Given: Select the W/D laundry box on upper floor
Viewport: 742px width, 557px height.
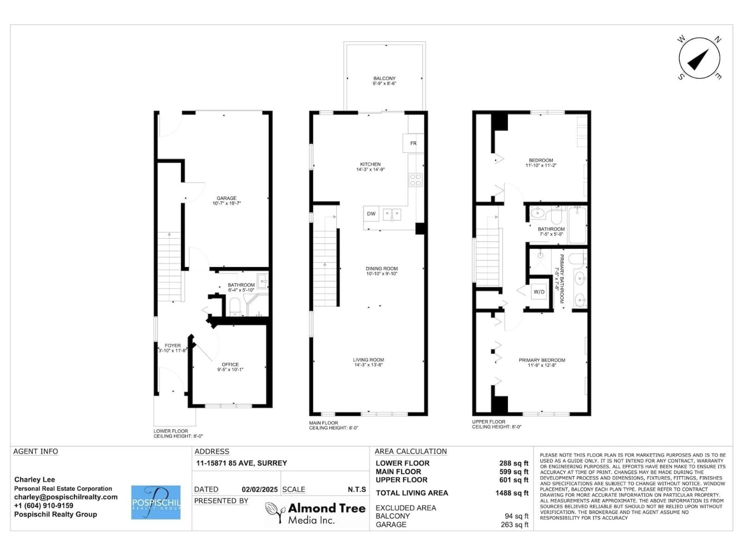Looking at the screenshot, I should [539, 292].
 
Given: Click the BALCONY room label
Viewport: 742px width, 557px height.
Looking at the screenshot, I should [384, 78].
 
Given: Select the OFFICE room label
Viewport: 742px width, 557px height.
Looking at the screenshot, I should [230, 364].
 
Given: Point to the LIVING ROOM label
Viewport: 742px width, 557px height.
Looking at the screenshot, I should [368, 360].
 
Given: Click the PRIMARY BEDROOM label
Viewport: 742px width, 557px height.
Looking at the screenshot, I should [542, 360].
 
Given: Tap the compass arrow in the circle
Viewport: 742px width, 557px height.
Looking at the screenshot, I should [699, 59].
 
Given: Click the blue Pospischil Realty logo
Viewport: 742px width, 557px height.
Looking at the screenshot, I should [156, 502].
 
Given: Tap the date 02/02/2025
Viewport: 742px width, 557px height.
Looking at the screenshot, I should [260, 490].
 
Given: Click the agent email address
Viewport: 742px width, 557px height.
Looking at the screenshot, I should [66, 497].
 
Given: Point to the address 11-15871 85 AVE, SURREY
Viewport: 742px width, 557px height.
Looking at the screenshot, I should [242, 463].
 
